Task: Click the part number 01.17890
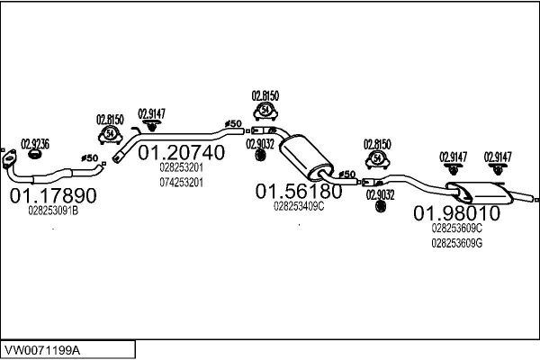tap(53, 195)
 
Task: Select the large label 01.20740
tap(182, 152)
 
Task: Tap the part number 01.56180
tap(299, 191)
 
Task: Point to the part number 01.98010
tap(456, 213)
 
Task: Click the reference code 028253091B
tap(53, 211)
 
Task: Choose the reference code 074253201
tap(182, 182)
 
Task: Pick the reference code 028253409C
tap(299, 206)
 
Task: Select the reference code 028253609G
tap(457, 243)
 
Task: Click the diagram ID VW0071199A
tap(42, 350)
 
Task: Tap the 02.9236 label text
tap(35, 144)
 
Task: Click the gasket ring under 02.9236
tap(34, 154)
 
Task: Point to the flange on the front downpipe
tap(9, 159)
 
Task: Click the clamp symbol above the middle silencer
tap(265, 111)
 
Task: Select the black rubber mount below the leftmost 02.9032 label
tap(260, 156)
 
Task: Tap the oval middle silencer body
tap(306, 157)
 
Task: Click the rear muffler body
tap(480, 193)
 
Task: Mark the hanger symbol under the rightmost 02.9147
tap(498, 169)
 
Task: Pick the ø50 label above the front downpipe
tap(89, 158)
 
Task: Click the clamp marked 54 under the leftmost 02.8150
tap(110, 135)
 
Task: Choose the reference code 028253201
tap(182, 167)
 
